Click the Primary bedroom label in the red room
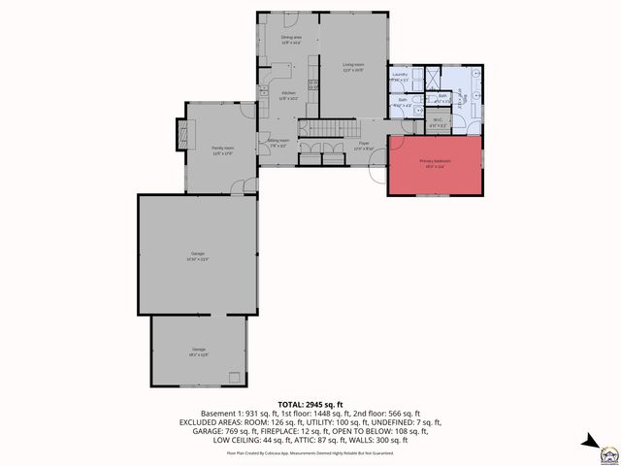coord(434,162)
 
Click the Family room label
coord(223,150)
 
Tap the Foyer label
coord(363,146)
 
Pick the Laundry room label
coord(399,77)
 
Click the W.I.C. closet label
coord(438,123)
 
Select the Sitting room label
coord(278,141)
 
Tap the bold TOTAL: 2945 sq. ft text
coord(310,403)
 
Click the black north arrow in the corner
coord(589,443)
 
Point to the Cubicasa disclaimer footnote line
coord(310,452)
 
